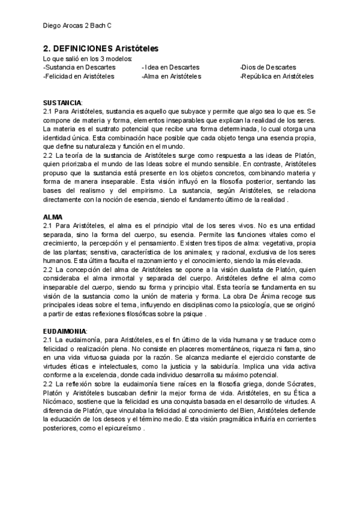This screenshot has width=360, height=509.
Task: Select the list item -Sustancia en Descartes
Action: [79, 68]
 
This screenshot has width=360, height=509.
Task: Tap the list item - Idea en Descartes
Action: [171, 68]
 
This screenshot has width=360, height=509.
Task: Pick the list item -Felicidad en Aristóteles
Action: [79, 77]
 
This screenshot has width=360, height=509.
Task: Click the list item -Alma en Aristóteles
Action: [172, 77]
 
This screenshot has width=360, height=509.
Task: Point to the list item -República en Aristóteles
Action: [276, 77]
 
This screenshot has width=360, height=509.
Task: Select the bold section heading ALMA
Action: [53, 216]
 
